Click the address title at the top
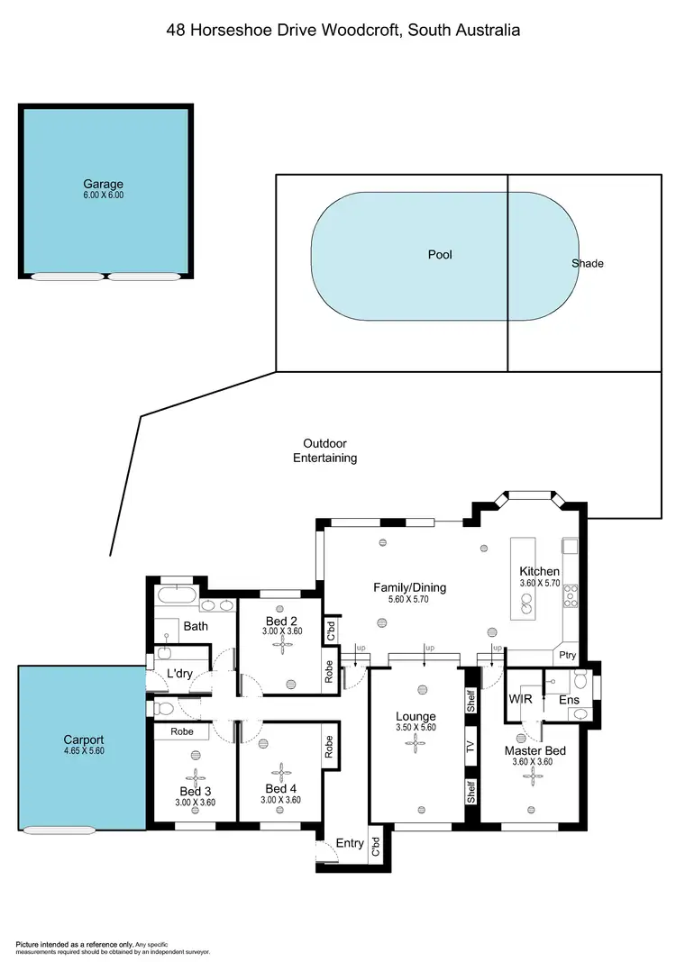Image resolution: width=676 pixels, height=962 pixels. tap(343, 30)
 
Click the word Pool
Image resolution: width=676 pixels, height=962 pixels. tap(440, 255)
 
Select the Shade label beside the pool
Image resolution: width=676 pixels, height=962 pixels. tap(587, 263)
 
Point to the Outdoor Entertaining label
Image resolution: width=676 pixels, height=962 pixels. tap(324, 450)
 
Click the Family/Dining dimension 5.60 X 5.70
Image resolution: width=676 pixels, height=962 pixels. tap(410, 601)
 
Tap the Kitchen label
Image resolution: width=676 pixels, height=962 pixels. tap(539, 571)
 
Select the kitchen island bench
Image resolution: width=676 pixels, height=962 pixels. tap(522, 579)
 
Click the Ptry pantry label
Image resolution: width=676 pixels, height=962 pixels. tap(567, 656)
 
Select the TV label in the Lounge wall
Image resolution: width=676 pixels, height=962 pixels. tap(470, 746)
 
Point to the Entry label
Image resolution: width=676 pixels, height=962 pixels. tap(350, 843)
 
